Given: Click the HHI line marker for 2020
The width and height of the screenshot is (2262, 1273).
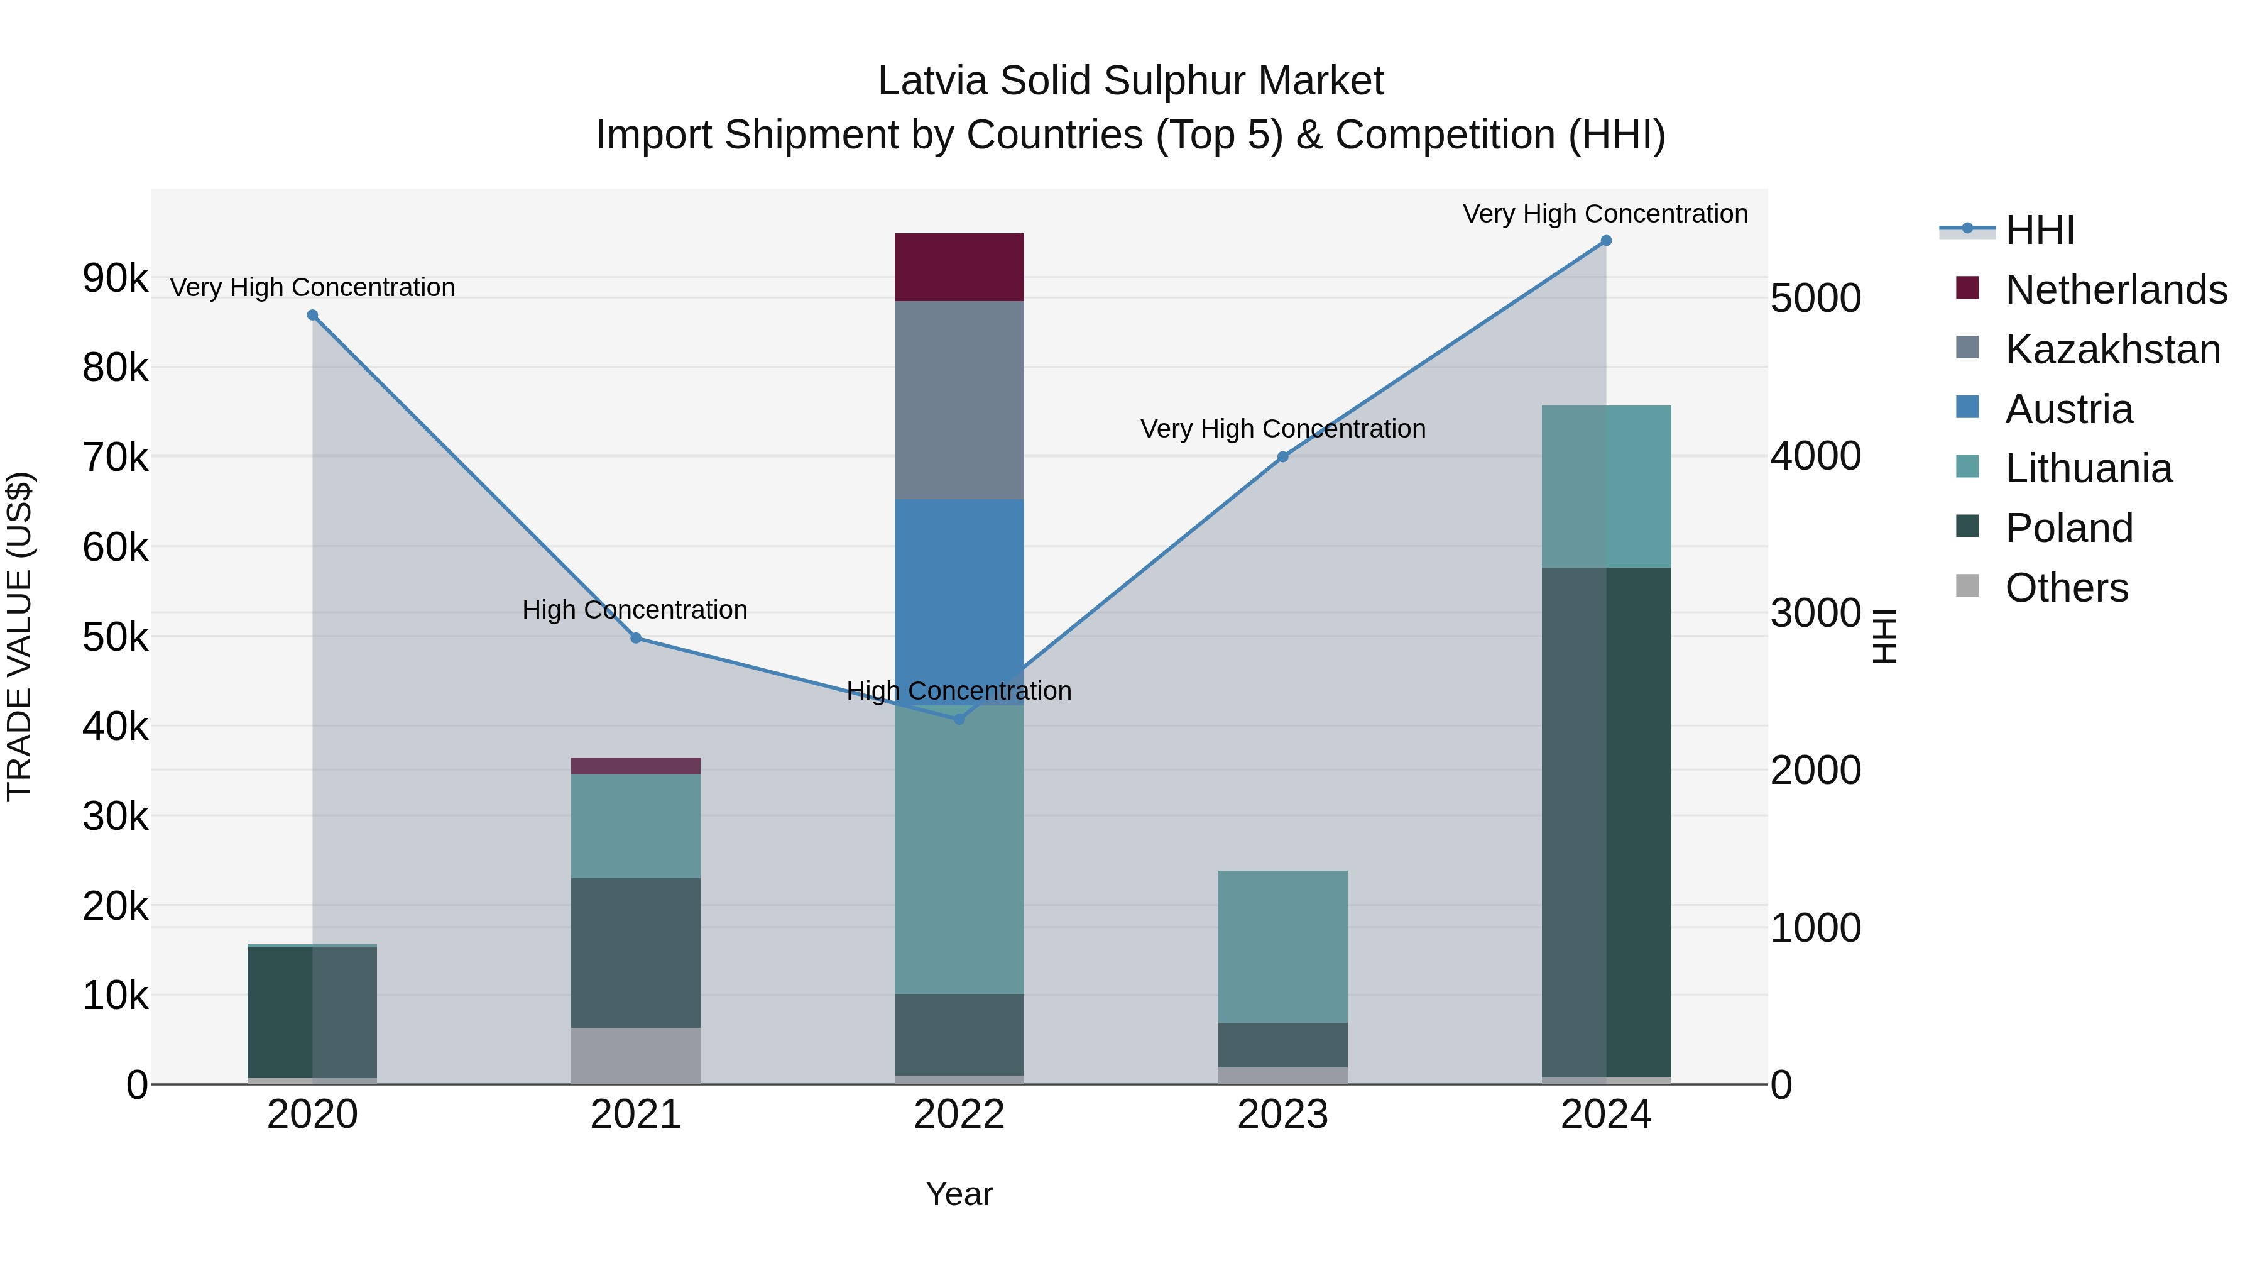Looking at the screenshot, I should point(313,316).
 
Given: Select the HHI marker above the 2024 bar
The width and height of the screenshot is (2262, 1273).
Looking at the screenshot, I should point(1606,241).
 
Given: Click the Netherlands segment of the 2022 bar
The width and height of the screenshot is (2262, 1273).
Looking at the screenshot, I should point(959,267).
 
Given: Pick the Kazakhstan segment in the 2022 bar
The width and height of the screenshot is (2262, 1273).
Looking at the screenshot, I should point(959,400).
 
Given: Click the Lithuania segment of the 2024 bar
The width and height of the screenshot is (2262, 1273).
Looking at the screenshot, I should point(1606,487).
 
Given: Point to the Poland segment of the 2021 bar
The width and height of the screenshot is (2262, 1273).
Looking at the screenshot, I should point(636,952).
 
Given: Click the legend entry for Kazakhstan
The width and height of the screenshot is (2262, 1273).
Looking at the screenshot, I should point(2112,350).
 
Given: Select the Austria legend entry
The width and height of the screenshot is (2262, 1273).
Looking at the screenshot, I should point(2068,409).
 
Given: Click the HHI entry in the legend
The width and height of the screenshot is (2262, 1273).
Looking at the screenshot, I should point(2039,230).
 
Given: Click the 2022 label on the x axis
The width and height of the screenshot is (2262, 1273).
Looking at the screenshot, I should point(959,1115).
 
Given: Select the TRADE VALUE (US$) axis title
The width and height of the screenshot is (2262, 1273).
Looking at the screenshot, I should point(20,636).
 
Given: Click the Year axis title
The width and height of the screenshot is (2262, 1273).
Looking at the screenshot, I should point(959,1194).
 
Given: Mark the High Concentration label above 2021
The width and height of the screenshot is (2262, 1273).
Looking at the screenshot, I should point(635,610).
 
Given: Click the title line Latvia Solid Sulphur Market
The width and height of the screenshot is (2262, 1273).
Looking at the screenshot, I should point(1130,81).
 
